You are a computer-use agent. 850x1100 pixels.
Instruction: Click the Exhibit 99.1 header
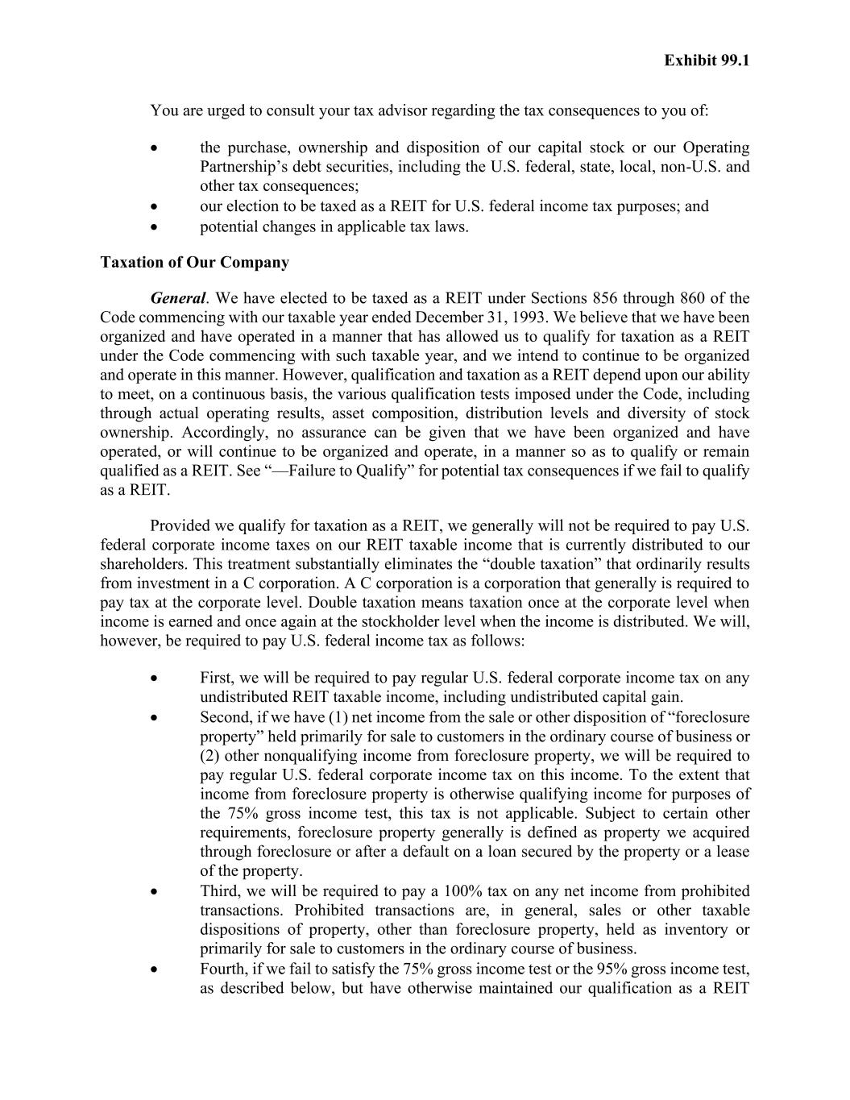(707, 60)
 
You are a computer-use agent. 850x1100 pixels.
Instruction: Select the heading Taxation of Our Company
(194, 263)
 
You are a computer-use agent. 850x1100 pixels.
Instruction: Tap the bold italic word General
(177, 298)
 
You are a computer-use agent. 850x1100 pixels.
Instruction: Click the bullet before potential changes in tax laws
(153, 227)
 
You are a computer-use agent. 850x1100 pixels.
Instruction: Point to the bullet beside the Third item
(153, 892)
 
